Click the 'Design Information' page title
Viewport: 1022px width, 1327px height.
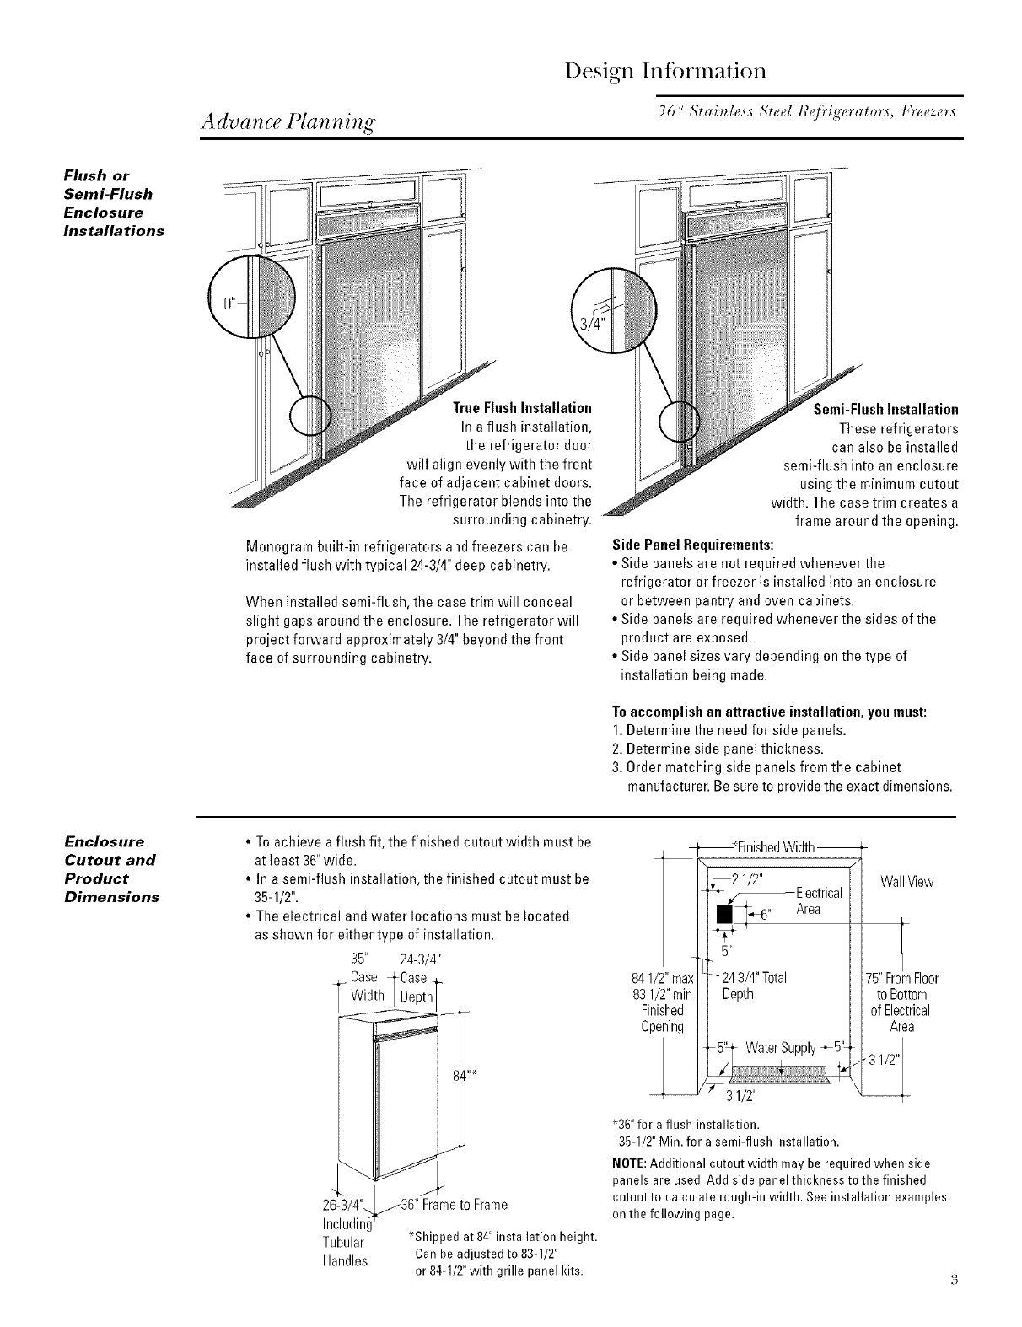click(666, 69)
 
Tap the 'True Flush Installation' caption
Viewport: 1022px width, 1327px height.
click(522, 409)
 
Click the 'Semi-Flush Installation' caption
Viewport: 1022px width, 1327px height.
click(885, 410)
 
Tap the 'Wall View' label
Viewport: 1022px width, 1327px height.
click(906, 882)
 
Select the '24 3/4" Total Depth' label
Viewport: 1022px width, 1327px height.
click(754, 986)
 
